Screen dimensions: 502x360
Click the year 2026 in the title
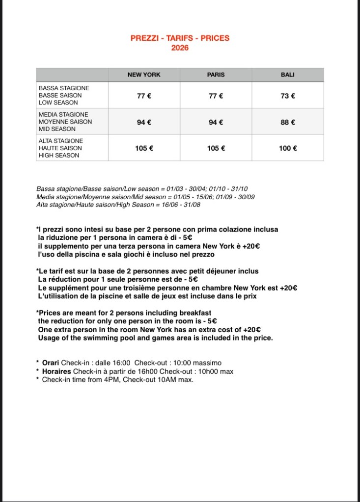(x=180, y=48)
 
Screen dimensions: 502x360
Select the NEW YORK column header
(x=144, y=75)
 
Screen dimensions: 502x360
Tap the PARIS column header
(x=216, y=75)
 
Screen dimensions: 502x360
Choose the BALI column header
(x=288, y=75)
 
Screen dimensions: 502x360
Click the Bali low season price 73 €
(x=288, y=96)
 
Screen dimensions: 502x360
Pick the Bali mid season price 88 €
(x=288, y=122)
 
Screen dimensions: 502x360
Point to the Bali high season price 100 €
(x=288, y=148)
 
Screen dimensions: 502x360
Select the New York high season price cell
(x=144, y=148)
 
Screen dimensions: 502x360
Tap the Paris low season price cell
(x=216, y=96)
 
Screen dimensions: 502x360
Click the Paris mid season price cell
(x=216, y=122)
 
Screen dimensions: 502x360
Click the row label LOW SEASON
(x=58, y=103)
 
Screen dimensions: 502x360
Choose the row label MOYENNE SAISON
(x=65, y=122)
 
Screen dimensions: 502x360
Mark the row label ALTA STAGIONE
(x=61, y=141)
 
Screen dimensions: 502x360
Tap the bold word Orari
(x=51, y=363)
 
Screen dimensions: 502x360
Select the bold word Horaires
(x=56, y=371)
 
